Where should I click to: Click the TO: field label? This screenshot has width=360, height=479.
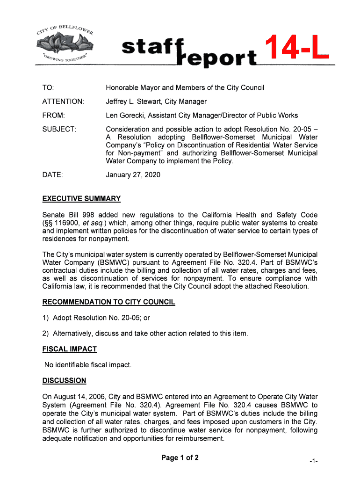click(48, 88)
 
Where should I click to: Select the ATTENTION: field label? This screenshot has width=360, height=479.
click(63, 102)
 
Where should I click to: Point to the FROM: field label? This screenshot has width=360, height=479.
click(54, 116)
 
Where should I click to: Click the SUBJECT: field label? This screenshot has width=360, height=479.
click(59, 129)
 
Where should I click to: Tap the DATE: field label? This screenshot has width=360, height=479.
click(52, 175)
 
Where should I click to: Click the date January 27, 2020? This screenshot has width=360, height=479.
click(133, 175)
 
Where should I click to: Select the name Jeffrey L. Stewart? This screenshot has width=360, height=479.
click(133, 102)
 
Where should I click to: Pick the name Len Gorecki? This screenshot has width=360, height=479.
click(125, 116)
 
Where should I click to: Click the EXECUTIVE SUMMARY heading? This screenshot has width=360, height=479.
click(81, 199)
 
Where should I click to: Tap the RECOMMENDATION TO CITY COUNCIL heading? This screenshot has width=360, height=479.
click(108, 302)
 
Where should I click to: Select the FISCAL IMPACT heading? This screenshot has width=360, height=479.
click(70, 349)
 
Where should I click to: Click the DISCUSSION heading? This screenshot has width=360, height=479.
click(64, 381)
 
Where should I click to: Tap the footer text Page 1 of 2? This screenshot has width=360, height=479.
click(180, 458)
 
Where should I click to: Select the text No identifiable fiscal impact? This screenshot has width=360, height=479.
click(88, 365)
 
